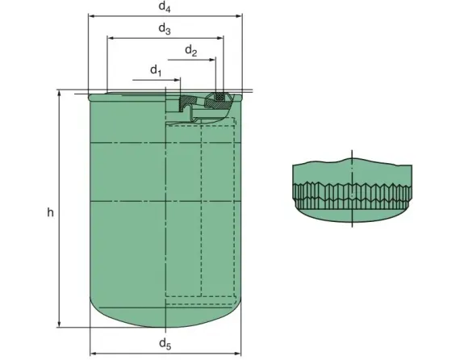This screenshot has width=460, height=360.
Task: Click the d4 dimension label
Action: pyautogui.click(x=165, y=7)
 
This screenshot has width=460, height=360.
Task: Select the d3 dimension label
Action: pyautogui.click(x=164, y=29)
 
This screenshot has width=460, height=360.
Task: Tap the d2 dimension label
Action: pyautogui.click(x=190, y=51)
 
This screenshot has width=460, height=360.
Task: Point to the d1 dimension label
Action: pyautogui.click(x=156, y=71)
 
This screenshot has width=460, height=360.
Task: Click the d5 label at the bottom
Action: pyautogui.click(x=165, y=345)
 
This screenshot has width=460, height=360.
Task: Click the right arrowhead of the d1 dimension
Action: pyautogui.click(x=178, y=79)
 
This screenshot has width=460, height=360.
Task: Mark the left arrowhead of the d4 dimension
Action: pyautogui.click(x=91, y=15)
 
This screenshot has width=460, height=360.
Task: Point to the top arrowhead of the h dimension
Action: pyautogui.click(x=60, y=94)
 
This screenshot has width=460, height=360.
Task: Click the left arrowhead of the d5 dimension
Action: pyautogui.click(x=92, y=353)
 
